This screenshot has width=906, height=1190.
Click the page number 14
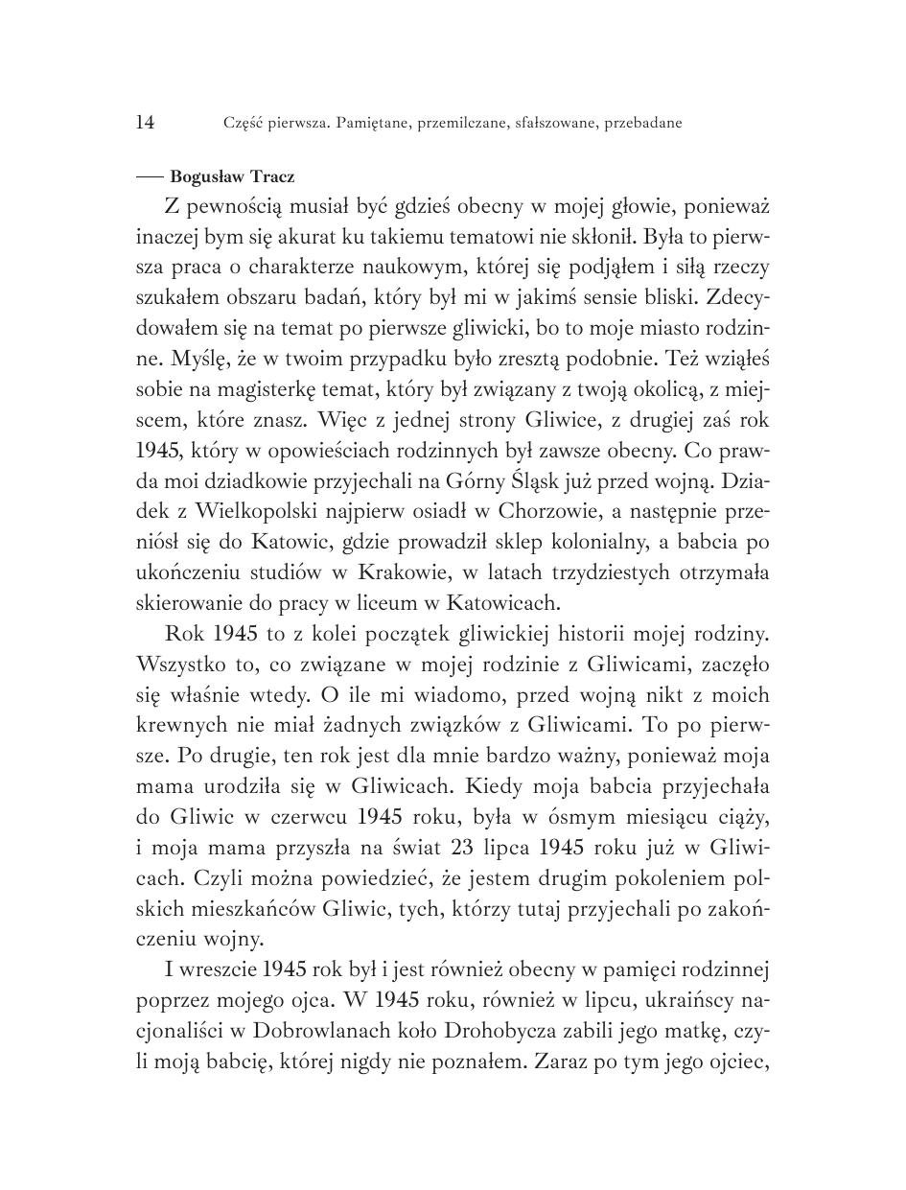[146, 122]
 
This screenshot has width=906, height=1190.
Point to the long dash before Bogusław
[151, 176]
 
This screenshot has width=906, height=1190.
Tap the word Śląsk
[553, 480]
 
